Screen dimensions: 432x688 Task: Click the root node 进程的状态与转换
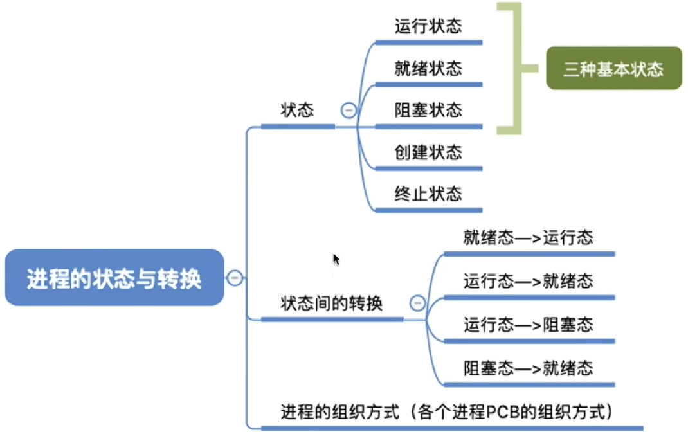114,278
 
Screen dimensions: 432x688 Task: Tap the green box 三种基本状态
613,69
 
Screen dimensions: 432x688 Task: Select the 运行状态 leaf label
428,26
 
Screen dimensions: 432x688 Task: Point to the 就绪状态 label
428,68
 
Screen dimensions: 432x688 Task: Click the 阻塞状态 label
428,110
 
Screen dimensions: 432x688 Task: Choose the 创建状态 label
428,152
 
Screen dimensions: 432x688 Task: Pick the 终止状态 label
428,194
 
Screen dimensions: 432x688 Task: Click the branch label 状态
297,110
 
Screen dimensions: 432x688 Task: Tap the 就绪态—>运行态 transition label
528,238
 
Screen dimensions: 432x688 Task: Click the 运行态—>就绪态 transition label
528,281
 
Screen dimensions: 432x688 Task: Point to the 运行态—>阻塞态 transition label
528,324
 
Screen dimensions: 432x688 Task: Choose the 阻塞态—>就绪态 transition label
528,368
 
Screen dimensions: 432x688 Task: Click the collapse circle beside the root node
235,278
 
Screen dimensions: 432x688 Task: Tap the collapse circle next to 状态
349,111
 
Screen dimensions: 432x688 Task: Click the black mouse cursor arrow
336,258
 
